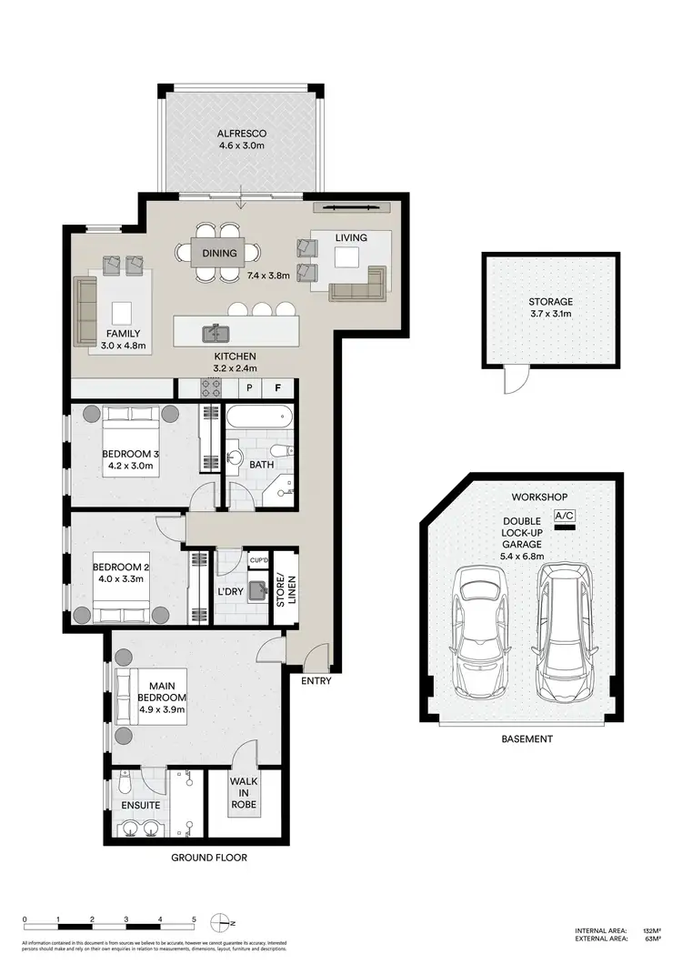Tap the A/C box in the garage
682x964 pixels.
tap(565, 515)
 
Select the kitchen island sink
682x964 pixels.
tap(217, 331)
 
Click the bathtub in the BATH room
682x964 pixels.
tap(259, 419)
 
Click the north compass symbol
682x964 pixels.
tap(221, 924)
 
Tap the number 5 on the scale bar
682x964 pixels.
tap(193, 919)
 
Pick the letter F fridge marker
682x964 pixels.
tap(278, 387)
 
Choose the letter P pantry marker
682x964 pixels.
tap(248, 387)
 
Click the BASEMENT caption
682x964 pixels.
tap(527, 739)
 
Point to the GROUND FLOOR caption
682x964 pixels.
tap(209, 858)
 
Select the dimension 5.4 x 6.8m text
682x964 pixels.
tap(520, 555)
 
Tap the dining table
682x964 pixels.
tap(219, 253)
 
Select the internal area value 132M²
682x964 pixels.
tap(650, 930)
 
